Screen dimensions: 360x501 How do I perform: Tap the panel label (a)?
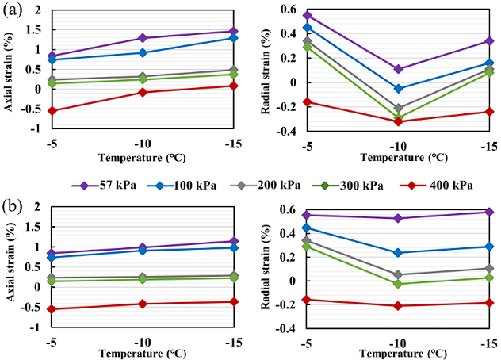coord(13,11)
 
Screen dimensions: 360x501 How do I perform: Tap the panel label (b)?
coord(13,208)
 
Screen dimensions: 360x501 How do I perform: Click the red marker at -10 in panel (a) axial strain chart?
coord(143,92)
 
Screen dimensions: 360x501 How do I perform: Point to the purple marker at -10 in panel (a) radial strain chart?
coord(398,69)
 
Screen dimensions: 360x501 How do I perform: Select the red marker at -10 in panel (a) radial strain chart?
coord(398,121)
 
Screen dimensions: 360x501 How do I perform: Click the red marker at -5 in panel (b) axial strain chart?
coord(52,308)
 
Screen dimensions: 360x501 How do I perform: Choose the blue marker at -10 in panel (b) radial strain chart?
coord(398,253)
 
